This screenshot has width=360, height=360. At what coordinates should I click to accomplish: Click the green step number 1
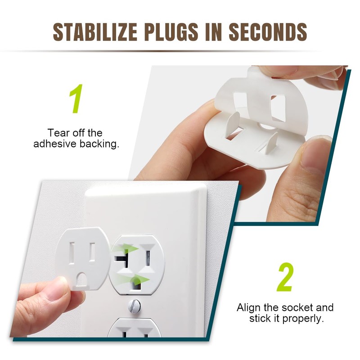[x=76, y=99]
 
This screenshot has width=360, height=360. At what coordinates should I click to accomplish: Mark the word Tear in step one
[x=58, y=133]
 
